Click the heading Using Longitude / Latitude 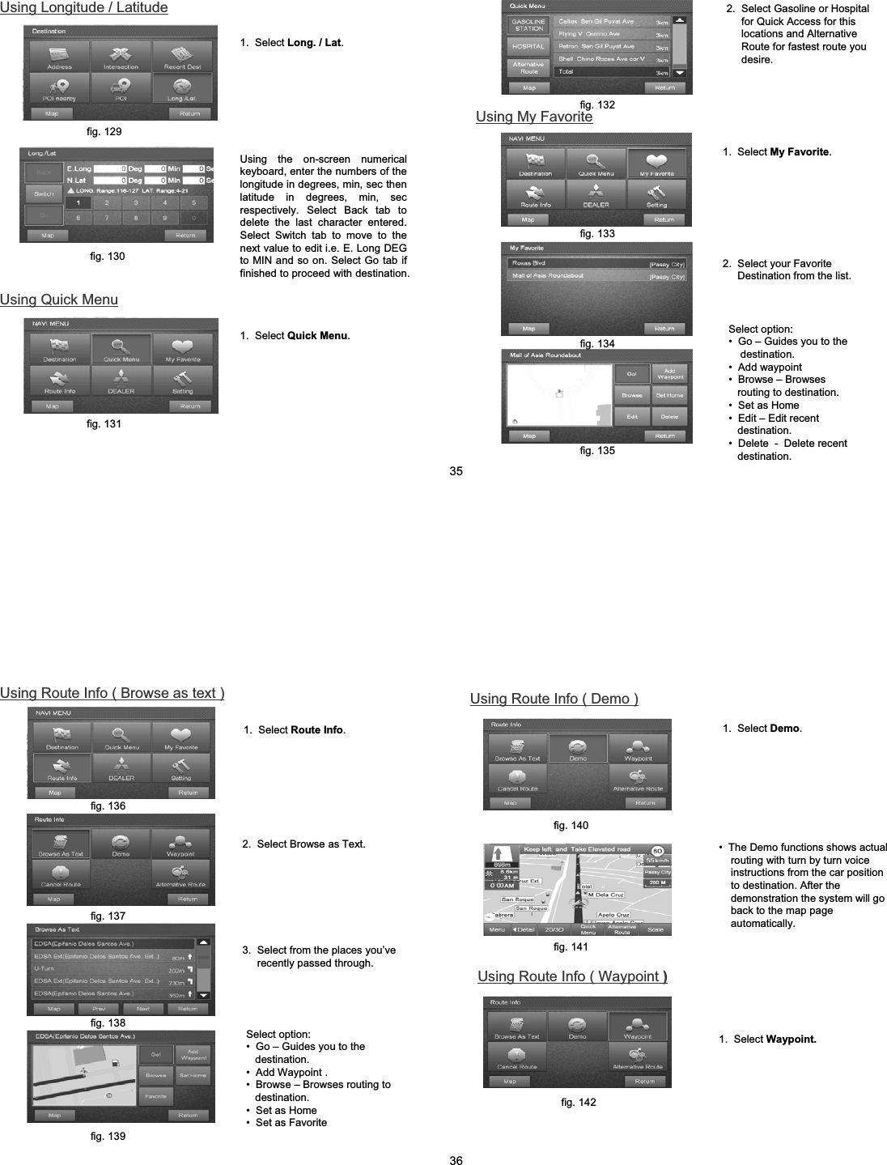click(84, 8)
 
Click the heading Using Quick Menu click(59, 300)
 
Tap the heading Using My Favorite click(534, 117)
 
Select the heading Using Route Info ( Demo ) click(554, 699)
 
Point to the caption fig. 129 click(104, 131)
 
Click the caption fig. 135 click(597, 451)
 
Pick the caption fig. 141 click(571, 946)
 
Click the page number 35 click(456, 471)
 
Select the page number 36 click(456, 1160)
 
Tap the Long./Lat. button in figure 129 click(183, 87)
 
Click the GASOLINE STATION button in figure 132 click(528, 25)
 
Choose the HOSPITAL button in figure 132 click(528, 47)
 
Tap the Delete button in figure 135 click(669, 416)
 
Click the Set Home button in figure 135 click(669, 395)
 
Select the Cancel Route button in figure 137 click(60, 874)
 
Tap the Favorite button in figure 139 click(156, 1096)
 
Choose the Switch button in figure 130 click(44, 193)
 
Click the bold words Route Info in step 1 click(316, 730)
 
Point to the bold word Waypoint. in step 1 click(791, 1040)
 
